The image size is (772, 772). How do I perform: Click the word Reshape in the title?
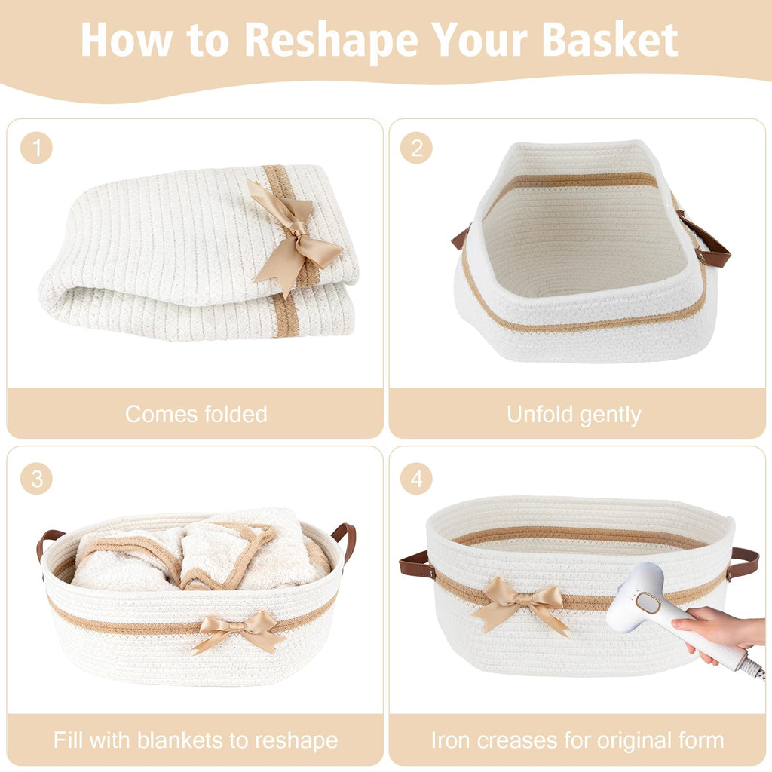pyautogui.click(x=332, y=41)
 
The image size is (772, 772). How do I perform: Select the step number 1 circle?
pyautogui.click(x=36, y=148)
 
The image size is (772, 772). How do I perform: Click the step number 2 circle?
pyautogui.click(x=416, y=148)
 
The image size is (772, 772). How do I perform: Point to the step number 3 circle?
pyautogui.click(x=36, y=479)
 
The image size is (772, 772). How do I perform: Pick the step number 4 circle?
pyautogui.click(x=416, y=479)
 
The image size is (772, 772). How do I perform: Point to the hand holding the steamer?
pyautogui.click(x=718, y=632)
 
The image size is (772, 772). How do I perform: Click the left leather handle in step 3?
pyautogui.click(x=47, y=544)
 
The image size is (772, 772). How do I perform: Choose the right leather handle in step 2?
pyautogui.click(x=705, y=240)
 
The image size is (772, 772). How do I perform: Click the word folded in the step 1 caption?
pyautogui.click(x=236, y=414)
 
